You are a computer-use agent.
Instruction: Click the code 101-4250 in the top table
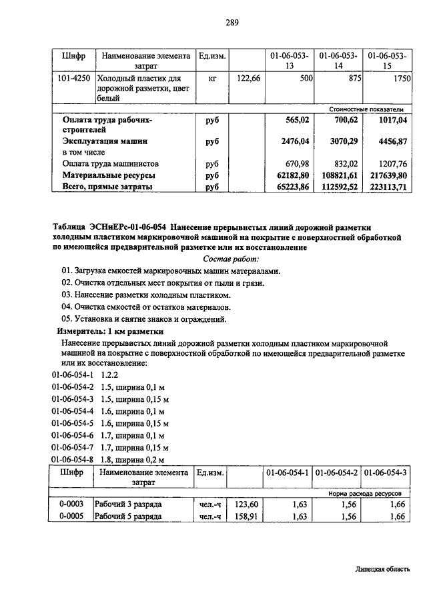[x=73, y=79]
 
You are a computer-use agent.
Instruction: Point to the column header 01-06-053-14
[x=338, y=61]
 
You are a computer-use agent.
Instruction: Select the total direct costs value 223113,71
[x=388, y=187]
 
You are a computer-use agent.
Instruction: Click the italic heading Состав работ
[x=231, y=259]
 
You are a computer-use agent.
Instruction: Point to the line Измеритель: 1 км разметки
[x=110, y=331]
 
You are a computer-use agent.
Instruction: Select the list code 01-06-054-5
[x=73, y=423]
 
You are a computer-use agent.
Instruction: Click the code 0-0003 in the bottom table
[x=70, y=504]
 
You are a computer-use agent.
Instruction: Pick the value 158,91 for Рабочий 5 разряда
[x=246, y=516]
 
